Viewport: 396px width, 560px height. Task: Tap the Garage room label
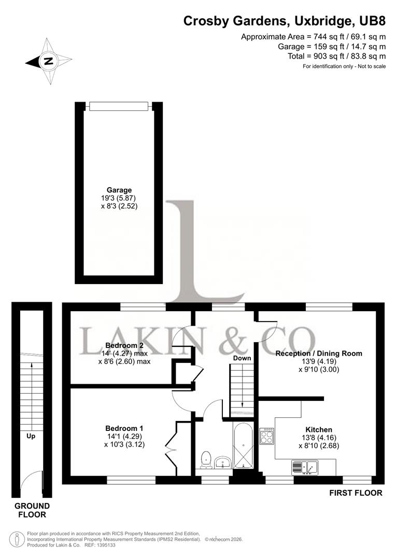[x=119, y=190]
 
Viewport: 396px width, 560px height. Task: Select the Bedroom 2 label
[x=124, y=345]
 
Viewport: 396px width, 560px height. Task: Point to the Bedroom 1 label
[x=124, y=428]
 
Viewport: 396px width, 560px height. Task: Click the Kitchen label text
[x=318, y=430]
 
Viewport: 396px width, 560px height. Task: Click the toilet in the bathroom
[x=206, y=459]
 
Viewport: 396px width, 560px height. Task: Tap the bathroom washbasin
[x=223, y=462]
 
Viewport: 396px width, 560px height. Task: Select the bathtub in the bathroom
[x=243, y=446]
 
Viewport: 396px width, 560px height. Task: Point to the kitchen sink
[x=305, y=468]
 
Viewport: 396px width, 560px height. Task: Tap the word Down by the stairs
[x=242, y=358]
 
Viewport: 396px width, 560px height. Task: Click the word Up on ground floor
[x=31, y=437]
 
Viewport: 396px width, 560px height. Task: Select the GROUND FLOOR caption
[x=32, y=510]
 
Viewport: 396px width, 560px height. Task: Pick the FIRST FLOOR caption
[x=356, y=493]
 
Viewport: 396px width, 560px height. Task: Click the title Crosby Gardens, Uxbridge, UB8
[x=285, y=21]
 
